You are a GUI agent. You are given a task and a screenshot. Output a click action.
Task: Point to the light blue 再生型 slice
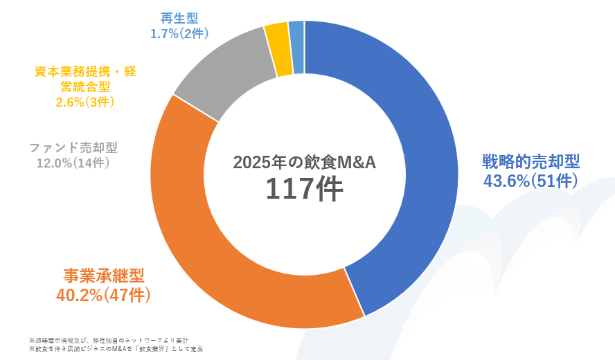click(296, 47)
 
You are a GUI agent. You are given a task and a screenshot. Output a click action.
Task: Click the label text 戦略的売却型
click(531, 162)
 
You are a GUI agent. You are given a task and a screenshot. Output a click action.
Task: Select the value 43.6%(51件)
click(531, 181)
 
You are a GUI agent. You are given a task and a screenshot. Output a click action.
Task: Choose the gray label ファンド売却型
click(73, 147)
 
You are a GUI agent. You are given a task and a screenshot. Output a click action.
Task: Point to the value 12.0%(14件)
click(73, 163)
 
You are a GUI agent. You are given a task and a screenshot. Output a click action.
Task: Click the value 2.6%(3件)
click(85, 102)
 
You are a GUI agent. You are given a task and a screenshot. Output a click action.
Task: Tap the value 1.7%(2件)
click(179, 32)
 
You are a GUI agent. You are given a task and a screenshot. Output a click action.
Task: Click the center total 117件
click(304, 189)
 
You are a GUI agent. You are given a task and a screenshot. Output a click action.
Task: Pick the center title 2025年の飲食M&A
click(304, 162)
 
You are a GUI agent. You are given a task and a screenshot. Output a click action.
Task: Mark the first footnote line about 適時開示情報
click(109, 341)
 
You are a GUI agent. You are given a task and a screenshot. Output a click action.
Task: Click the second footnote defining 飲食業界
click(116, 349)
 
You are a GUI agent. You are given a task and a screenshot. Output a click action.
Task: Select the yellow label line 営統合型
click(85, 87)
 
